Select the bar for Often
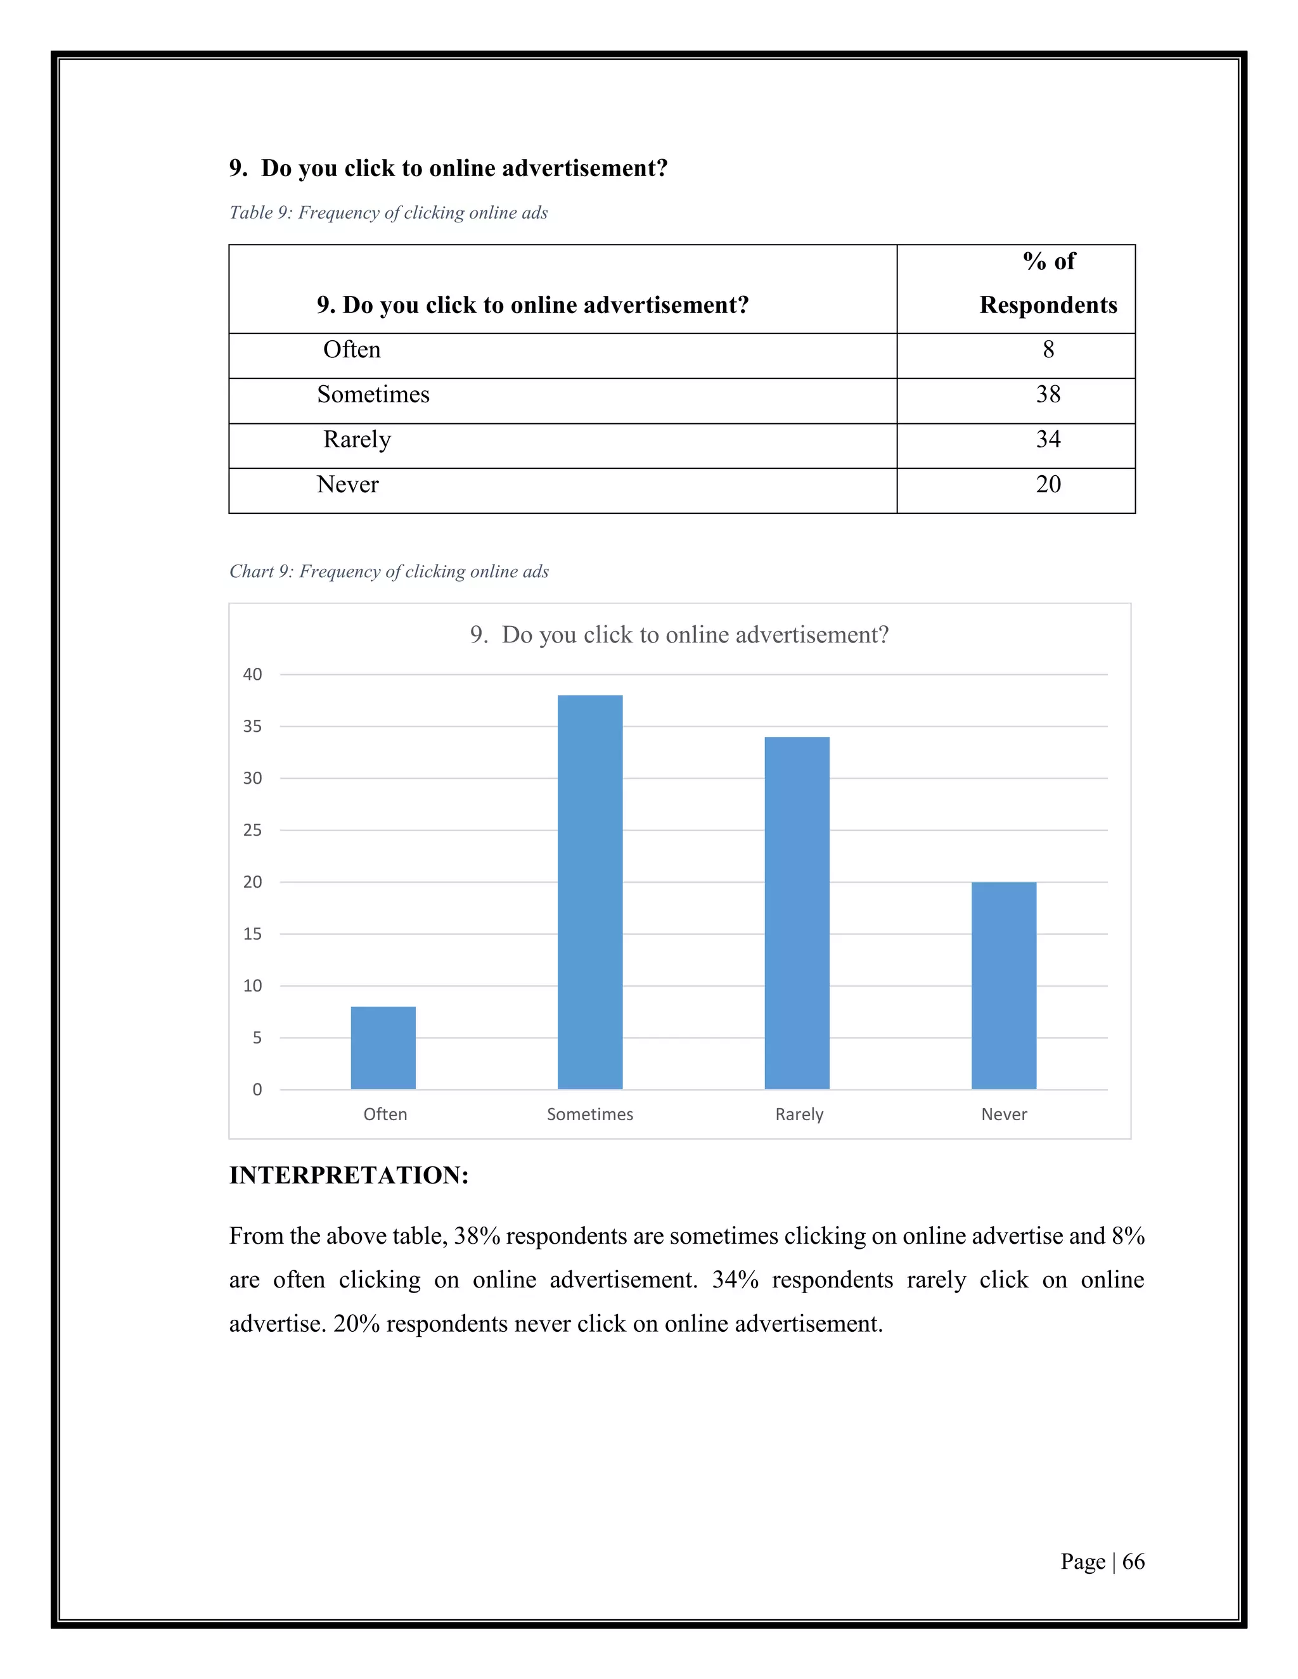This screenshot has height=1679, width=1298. pos(383,1048)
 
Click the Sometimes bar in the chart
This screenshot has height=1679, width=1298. pos(590,892)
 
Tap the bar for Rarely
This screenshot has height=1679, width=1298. pos(797,912)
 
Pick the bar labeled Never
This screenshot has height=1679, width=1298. pos(1003,986)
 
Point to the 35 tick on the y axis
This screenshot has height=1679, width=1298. pos(252,727)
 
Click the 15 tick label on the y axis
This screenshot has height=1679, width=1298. pos(252,934)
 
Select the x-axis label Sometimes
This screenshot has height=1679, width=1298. pos(590,1114)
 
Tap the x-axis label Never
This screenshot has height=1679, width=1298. pos(1003,1114)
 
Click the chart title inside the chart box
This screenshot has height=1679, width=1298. pos(679,635)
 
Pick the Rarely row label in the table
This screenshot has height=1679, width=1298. pos(357,440)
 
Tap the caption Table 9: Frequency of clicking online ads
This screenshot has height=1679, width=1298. pos(389,213)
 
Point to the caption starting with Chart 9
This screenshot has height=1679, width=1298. pos(389,571)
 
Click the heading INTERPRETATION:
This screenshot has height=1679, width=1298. pos(349,1175)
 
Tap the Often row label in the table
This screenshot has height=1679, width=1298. pos(351,350)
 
